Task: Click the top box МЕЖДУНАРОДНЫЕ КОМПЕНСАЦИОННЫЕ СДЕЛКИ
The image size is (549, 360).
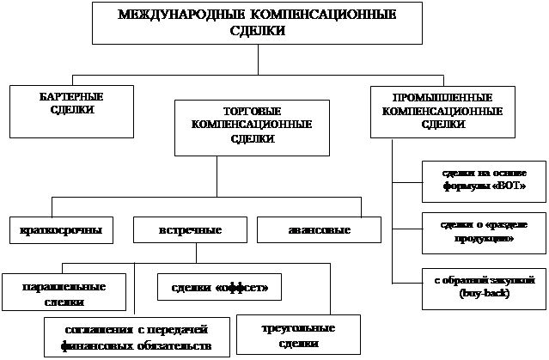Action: (257, 23)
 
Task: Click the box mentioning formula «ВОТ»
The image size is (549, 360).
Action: (485, 180)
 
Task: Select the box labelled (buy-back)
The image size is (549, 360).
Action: (485, 288)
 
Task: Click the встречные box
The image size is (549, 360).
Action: (191, 230)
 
